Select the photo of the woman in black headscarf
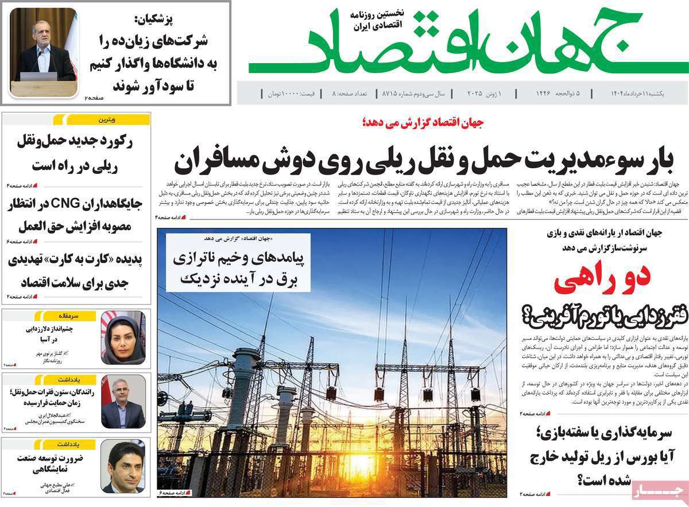click(123, 338)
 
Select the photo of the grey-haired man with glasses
click(123, 401)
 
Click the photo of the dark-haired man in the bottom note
click(123, 466)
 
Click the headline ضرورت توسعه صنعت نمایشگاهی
click(58, 464)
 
